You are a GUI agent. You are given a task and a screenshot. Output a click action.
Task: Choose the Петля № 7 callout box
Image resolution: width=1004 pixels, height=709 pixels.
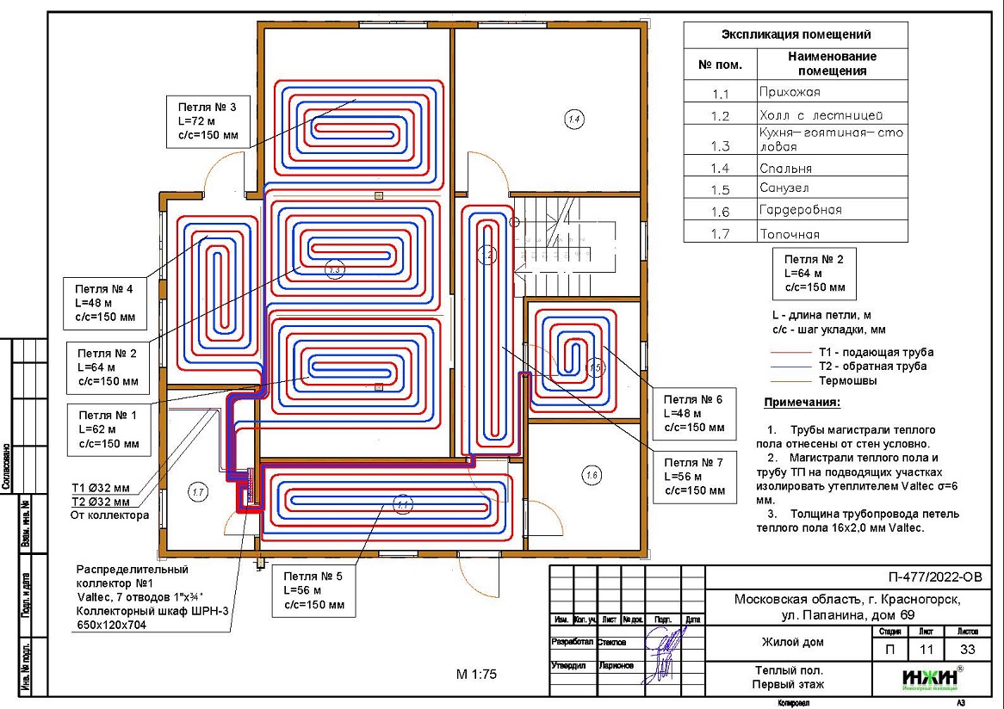[695, 476]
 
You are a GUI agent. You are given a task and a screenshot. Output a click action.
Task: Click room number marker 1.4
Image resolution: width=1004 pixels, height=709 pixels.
[574, 119]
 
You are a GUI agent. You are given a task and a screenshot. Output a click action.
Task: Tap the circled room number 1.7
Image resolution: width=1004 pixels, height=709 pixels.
[198, 492]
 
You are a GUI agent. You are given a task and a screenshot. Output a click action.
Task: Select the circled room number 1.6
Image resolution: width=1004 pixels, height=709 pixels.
[591, 474]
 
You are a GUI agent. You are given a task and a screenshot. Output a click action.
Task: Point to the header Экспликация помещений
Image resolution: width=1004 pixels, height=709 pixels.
[795, 35]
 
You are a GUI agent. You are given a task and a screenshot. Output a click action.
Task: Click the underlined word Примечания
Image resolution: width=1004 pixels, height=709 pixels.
[802, 403]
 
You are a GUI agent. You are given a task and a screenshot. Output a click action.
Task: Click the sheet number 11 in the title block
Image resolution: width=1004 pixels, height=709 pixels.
[926, 650]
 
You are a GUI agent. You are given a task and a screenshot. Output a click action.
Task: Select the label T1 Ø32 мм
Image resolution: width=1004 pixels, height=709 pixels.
[100, 489]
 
